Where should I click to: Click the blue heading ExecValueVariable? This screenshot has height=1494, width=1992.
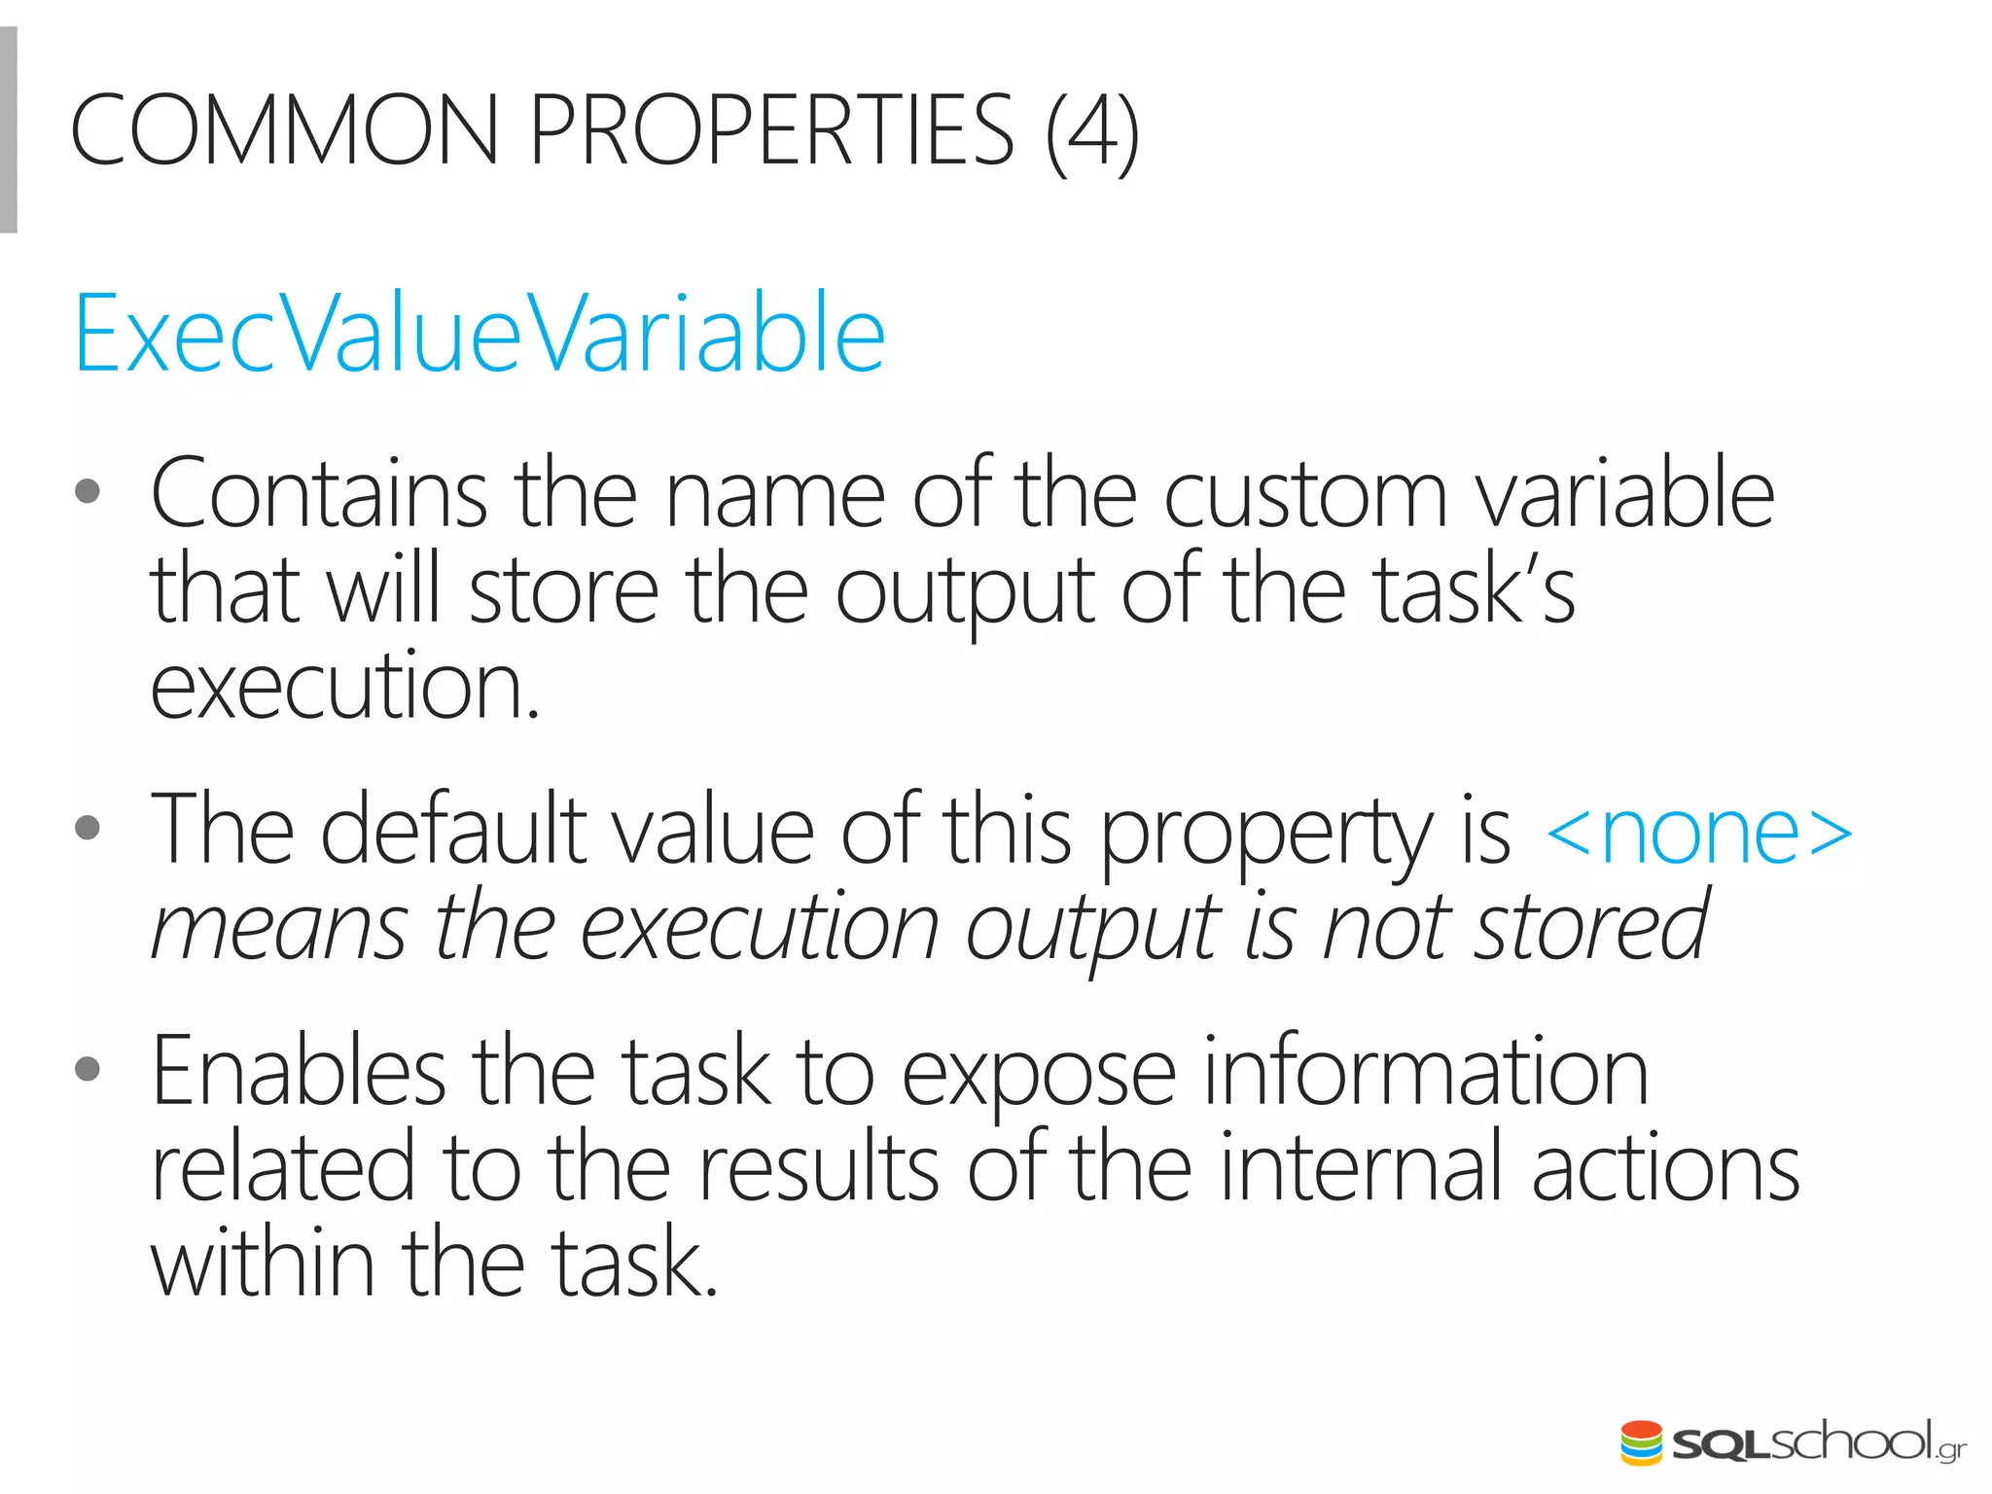coord(480,334)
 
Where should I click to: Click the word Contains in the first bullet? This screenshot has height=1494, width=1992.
coord(319,494)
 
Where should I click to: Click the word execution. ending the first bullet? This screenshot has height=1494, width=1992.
coord(344,687)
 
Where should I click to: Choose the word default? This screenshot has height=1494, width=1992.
coord(454,830)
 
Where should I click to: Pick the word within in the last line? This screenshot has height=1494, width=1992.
coord(263,1262)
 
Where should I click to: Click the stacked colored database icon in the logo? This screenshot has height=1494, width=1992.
coord(1641,1443)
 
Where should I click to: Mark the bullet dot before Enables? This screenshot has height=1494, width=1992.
coord(88,1069)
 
